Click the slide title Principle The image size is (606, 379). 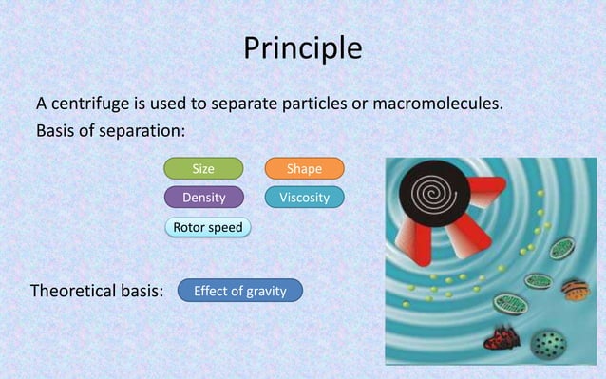click(x=303, y=47)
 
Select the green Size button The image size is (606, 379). click(x=203, y=169)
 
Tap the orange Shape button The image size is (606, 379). click(x=304, y=169)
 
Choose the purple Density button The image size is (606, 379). click(x=203, y=198)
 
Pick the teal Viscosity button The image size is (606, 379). click(x=304, y=198)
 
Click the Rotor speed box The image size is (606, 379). click(x=207, y=227)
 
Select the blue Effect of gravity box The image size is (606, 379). click(x=239, y=291)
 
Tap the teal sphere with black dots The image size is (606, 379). click(x=547, y=340)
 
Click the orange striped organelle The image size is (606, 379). click(x=575, y=287)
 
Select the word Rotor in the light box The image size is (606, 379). click(x=188, y=227)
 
